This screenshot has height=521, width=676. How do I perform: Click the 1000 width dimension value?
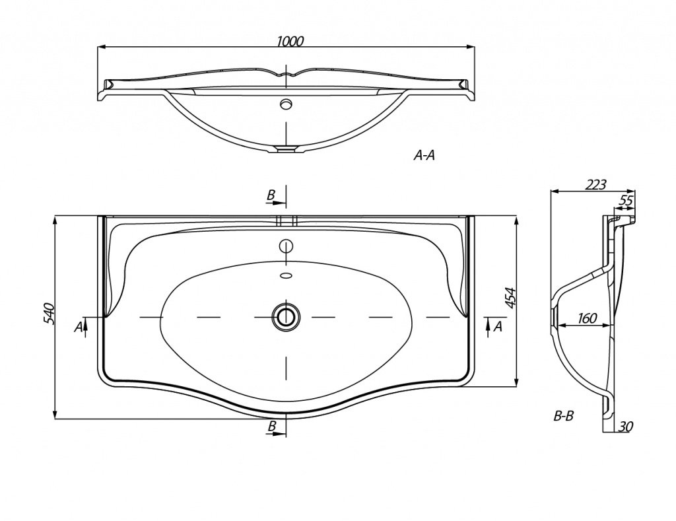(x=290, y=41)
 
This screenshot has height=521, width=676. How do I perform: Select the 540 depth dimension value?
(x=48, y=314)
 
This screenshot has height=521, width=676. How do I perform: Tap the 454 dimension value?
(x=510, y=298)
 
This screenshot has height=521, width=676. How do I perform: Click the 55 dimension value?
(x=626, y=200)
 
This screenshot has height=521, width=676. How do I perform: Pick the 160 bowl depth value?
(x=587, y=318)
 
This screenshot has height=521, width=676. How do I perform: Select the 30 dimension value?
(x=626, y=427)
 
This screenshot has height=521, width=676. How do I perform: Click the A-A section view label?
(x=424, y=156)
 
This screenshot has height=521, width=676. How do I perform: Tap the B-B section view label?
(x=564, y=417)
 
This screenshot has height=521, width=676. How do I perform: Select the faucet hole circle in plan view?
(x=285, y=246)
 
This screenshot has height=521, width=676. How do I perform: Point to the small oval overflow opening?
(x=285, y=275)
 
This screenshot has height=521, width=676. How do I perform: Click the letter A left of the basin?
(x=78, y=328)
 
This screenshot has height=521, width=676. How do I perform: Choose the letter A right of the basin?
(x=498, y=326)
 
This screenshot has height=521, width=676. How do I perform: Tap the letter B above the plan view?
(x=271, y=195)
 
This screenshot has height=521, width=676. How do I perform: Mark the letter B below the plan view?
(x=271, y=426)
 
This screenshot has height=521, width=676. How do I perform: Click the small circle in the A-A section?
(x=285, y=104)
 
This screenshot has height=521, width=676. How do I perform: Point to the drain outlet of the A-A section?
(x=285, y=149)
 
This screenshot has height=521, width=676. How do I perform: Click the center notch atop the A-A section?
(x=285, y=73)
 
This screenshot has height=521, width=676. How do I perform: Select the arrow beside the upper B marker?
(x=276, y=203)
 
